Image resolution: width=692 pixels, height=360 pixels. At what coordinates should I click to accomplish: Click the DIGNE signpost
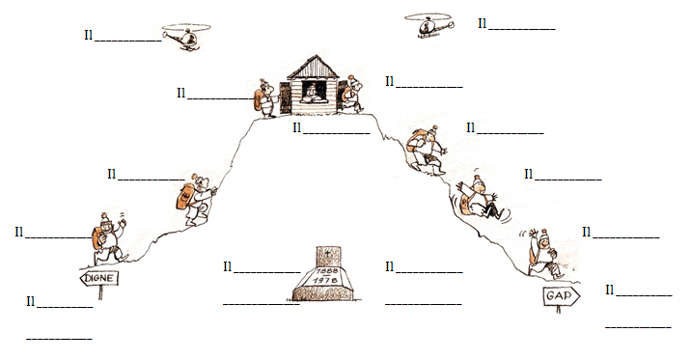(x=99, y=278)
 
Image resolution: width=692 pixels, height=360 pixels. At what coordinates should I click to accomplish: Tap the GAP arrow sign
(x=561, y=295)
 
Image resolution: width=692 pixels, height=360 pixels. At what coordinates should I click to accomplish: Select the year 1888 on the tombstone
(x=326, y=270)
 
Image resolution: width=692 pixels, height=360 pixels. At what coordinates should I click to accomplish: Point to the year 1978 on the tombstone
(x=325, y=280)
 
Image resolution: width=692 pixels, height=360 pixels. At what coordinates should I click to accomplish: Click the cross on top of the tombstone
(x=328, y=254)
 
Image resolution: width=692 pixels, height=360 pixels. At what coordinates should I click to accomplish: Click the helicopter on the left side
(x=186, y=36)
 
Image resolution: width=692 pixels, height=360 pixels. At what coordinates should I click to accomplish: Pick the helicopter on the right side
(x=429, y=26)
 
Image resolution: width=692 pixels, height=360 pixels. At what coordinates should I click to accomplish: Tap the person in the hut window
(x=313, y=93)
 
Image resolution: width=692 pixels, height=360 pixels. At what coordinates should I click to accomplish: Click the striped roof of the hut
(x=314, y=68)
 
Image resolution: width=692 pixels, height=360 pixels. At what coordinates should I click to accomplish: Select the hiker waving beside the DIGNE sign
(x=108, y=238)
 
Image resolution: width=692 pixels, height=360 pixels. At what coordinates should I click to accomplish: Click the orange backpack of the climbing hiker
(x=185, y=197)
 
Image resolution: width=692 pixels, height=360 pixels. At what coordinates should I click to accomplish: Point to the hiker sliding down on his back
(x=481, y=198)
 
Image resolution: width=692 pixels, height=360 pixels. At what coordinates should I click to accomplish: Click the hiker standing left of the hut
(x=266, y=97)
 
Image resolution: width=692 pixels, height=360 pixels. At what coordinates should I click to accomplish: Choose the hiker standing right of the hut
(x=352, y=94)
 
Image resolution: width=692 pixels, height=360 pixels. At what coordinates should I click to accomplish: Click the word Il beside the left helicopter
(x=89, y=36)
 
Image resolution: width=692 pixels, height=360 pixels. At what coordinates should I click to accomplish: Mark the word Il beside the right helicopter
(x=483, y=23)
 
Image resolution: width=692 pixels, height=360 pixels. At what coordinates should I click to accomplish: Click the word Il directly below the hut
(x=297, y=128)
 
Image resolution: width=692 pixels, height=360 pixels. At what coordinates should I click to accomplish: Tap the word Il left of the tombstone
(x=228, y=266)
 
